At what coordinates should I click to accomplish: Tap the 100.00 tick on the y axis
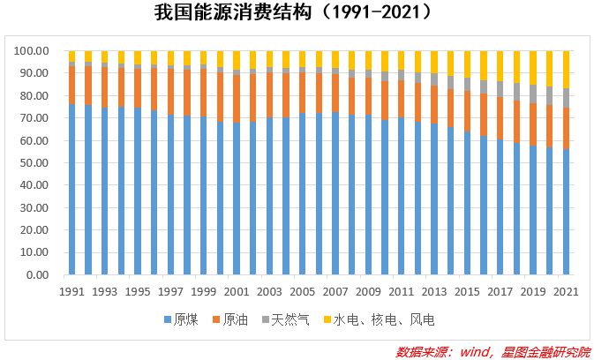tap(33, 51)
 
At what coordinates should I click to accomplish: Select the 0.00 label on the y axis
tap(39, 275)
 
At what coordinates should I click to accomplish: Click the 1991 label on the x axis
tap(72, 291)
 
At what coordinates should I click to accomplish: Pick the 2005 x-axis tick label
tap(303, 291)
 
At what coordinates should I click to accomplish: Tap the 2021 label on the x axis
tap(566, 291)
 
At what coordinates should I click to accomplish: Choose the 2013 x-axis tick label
tap(434, 291)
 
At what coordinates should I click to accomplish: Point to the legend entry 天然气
tap(286, 319)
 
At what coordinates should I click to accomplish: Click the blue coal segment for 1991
tap(72, 190)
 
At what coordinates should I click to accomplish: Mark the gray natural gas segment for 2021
tap(566, 97)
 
